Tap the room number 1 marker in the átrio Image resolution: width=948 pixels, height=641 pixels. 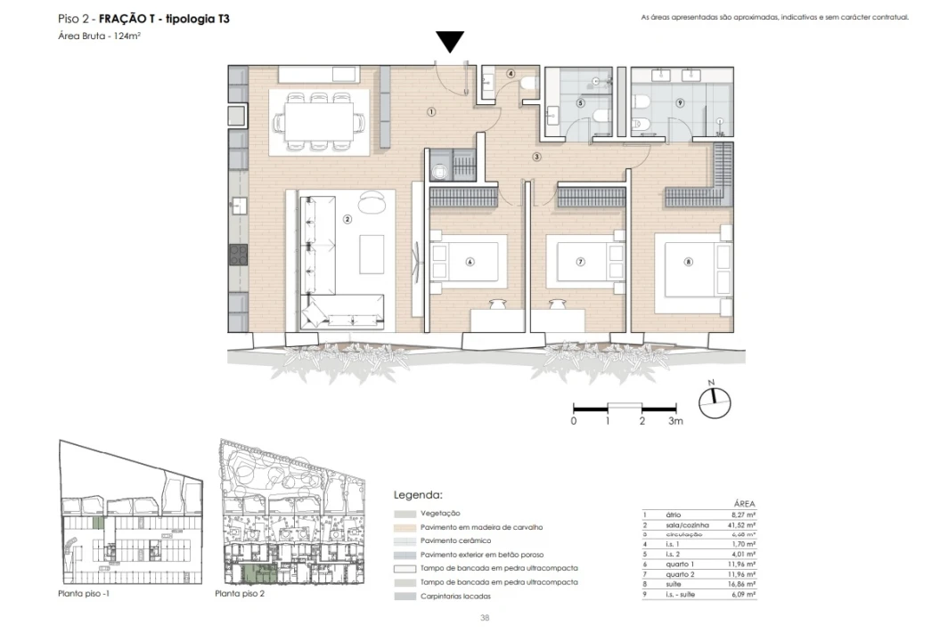430,112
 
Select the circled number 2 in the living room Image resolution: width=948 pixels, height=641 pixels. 347,217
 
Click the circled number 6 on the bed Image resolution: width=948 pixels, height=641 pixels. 469,262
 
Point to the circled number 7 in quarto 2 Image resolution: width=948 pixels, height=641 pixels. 580,262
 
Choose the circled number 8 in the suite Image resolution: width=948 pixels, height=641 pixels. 688,262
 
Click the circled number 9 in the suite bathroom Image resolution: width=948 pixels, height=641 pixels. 679,103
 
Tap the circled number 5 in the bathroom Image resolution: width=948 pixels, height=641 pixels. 580,103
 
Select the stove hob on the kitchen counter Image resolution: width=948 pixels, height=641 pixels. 238,256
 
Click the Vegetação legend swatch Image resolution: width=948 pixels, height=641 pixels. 404,514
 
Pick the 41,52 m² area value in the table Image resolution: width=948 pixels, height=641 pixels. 743,525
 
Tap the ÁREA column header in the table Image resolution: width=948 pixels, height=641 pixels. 744,503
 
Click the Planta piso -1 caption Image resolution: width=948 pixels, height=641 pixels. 83,593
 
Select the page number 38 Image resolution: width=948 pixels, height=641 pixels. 484,617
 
